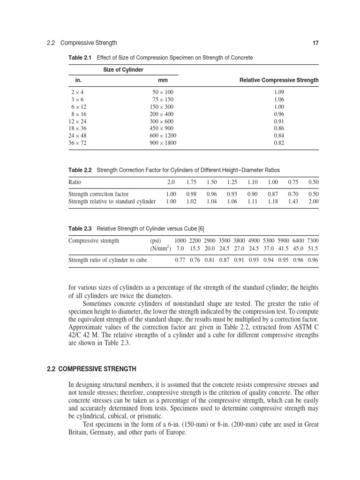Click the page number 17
(x=315, y=43)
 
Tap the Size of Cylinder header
(x=123, y=70)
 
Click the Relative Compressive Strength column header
(x=279, y=80)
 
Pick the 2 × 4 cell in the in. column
(x=75, y=92)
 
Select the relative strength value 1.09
(x=279, y=92)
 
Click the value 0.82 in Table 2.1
(x=279, y=143)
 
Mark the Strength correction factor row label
(x=98, y=194)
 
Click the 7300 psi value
(x=312, y=240)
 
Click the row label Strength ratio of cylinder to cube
(x=107, y=259)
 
